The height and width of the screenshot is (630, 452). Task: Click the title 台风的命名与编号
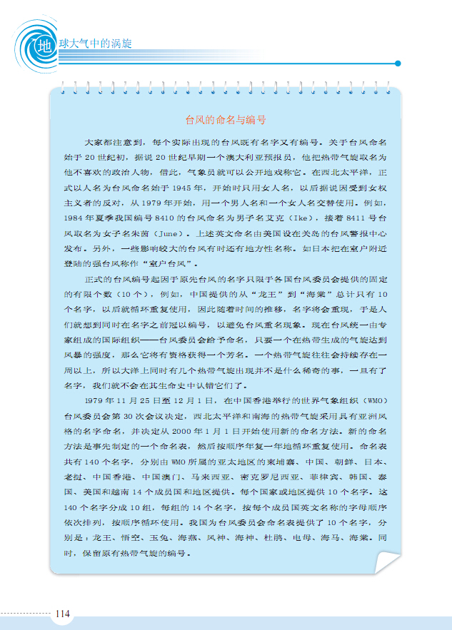pos(226,120)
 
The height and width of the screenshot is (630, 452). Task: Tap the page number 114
pos(61,613)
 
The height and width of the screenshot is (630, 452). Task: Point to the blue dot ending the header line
pos(398,63)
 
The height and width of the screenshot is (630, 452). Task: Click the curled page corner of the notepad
pos(386,563)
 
